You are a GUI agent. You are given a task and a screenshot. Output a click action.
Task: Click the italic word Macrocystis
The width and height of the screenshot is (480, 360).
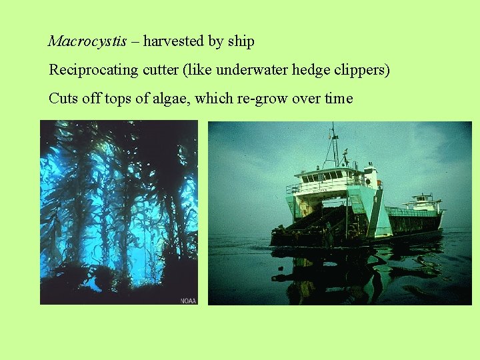(87, 41)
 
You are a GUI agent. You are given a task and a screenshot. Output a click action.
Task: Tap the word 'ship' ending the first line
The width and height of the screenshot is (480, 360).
(241, 41)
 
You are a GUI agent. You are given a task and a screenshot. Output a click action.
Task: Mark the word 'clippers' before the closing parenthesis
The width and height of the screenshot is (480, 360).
(359, 70)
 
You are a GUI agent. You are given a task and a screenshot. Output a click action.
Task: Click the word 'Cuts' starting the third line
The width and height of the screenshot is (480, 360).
(64, 99)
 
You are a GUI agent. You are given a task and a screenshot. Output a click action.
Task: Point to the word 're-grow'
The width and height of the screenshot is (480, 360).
(259, 99)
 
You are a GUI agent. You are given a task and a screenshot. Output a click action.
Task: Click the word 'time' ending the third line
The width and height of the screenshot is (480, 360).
(339, 99)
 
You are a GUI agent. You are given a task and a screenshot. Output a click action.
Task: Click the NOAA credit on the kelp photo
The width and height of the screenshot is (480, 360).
(188, 300)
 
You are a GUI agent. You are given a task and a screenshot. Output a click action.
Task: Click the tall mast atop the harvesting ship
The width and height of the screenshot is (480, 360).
(335, 143)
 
